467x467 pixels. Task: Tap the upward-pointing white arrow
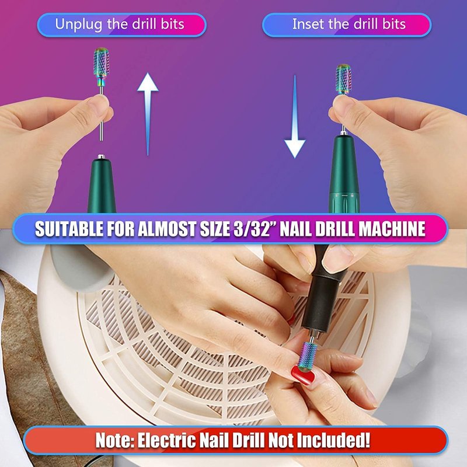point(148,114)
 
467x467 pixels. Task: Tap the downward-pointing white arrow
point(295,117)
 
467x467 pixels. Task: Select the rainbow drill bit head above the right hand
point(343,79)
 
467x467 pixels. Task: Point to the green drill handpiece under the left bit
point(102,184)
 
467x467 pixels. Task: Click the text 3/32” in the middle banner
point(252,229)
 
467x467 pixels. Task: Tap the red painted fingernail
point(302,375)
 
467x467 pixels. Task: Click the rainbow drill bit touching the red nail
point(308,356)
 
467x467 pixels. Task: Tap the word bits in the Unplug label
point(173,24)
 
